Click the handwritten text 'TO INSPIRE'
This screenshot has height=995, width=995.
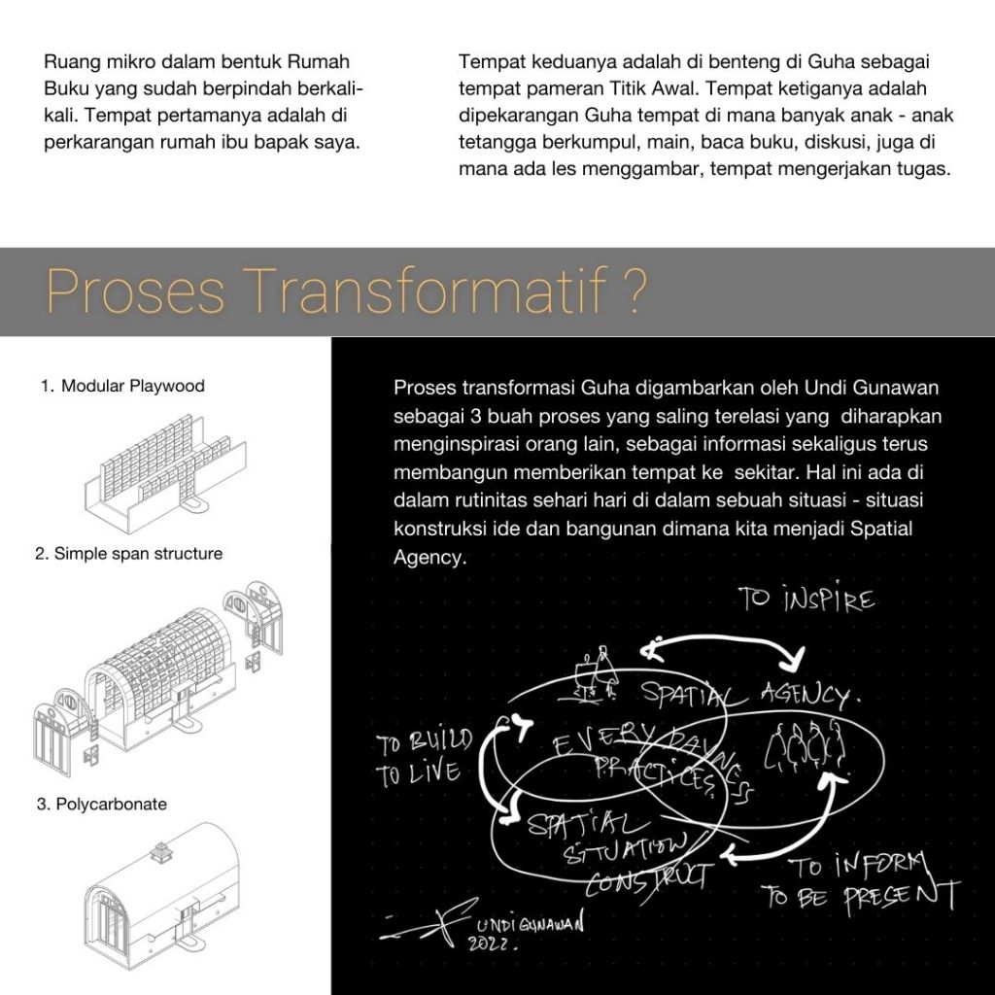click(806, 600)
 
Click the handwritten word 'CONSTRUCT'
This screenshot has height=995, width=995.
click(646, 877)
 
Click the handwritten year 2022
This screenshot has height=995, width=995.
click(493, 944)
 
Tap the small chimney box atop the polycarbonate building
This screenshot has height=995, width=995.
click(159, 852)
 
